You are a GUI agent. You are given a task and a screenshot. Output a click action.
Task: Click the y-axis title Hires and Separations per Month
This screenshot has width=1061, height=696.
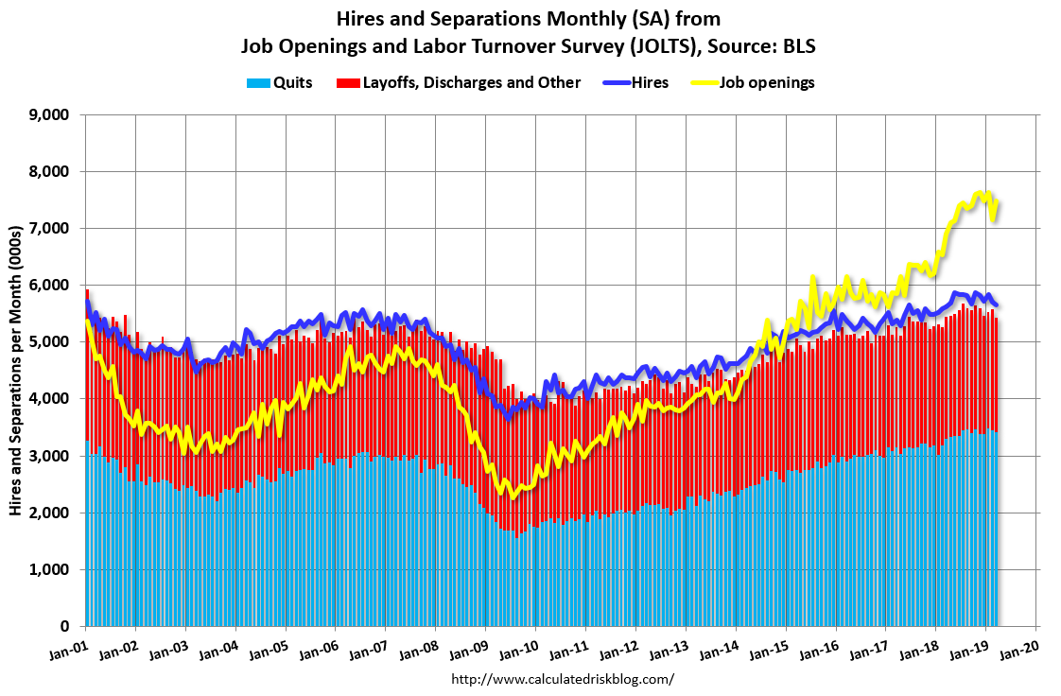[16, 370]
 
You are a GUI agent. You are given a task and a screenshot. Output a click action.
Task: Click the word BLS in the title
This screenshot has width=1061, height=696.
[798, 45]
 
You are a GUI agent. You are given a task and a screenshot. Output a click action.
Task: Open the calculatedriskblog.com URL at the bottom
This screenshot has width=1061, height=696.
[563, 679]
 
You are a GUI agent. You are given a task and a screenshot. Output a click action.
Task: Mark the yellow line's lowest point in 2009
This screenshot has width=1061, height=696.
[513, 496]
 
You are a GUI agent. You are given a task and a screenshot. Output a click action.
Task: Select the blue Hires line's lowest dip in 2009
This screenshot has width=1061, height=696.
[508, 417]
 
